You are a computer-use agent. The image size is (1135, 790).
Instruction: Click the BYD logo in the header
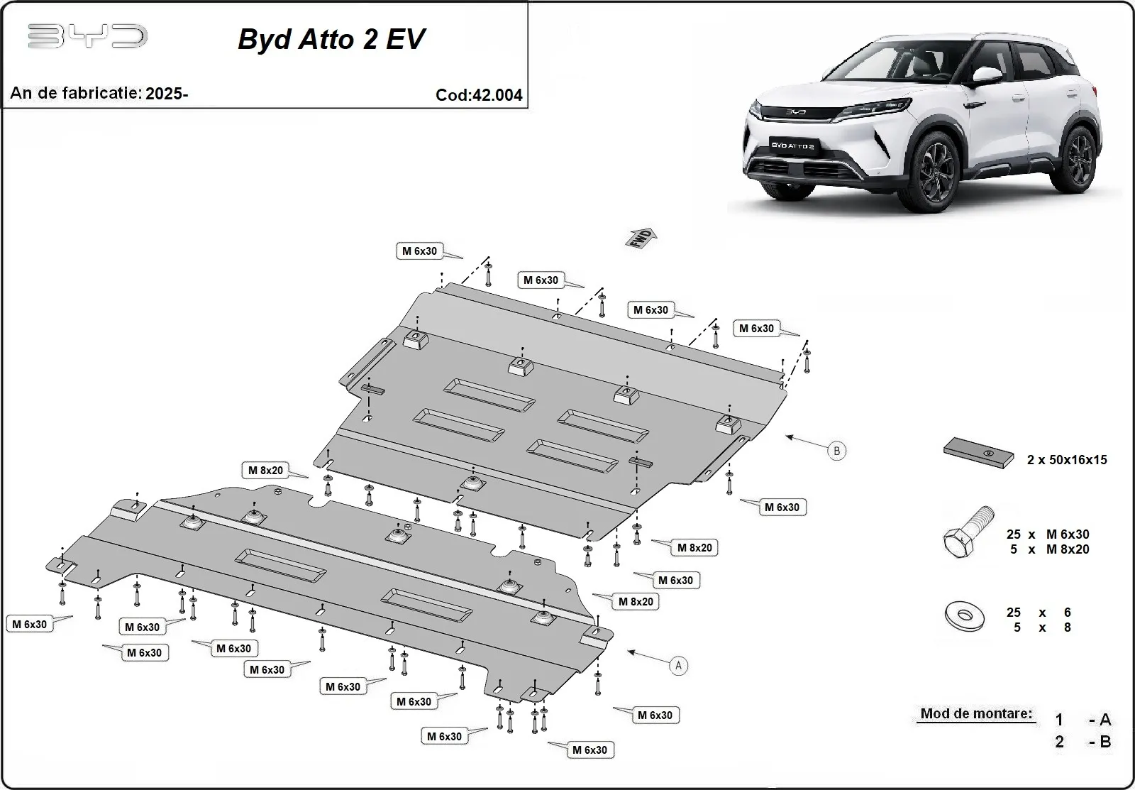[87, 36]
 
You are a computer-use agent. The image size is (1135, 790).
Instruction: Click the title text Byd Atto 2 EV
[331, 39]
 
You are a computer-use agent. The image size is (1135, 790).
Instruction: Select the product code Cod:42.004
[479, 95]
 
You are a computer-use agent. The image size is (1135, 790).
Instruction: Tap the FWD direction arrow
[641, 238]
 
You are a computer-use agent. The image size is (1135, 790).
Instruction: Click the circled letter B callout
[837, 451]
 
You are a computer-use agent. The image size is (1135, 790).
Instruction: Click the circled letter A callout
[679, 666]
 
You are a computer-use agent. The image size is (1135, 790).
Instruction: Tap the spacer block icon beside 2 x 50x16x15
[978, 452]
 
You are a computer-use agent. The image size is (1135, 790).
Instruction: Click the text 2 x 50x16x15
[1067, 460]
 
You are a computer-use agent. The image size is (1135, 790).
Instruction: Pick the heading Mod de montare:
[976, 713]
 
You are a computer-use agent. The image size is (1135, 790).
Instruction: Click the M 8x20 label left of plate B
[266, 471]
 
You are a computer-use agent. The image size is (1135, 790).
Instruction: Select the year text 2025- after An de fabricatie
[167, 93]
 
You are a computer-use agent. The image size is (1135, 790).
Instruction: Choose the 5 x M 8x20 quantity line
[1048, 549]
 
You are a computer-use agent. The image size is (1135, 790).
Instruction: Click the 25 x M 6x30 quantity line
[1048, 534]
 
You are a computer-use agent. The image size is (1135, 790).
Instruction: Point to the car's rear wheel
[1082, 161]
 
